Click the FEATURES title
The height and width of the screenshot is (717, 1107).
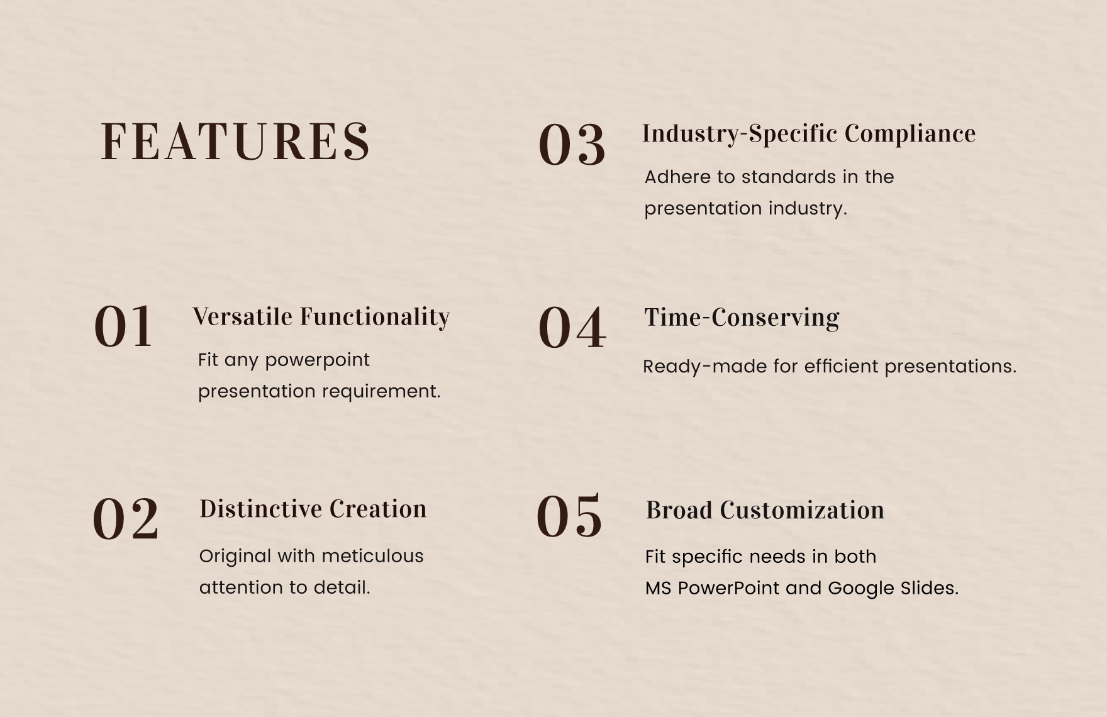[x=235, y=142]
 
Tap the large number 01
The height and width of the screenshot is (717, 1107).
[x=124, y=327]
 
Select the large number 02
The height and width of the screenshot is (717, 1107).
[x=126, y=519]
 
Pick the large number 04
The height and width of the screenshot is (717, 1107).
[x=572, y=328]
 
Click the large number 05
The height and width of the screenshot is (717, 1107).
[x=569, y=517]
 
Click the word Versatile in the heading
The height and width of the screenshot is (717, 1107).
[x=242, y=317]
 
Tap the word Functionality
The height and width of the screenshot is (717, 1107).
[x=375, y=317]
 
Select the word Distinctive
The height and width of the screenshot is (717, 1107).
[x=260, y=509]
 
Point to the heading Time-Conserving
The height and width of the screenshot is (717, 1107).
[x=742, y=318]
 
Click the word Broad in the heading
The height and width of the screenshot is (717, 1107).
[x=679, y=510]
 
